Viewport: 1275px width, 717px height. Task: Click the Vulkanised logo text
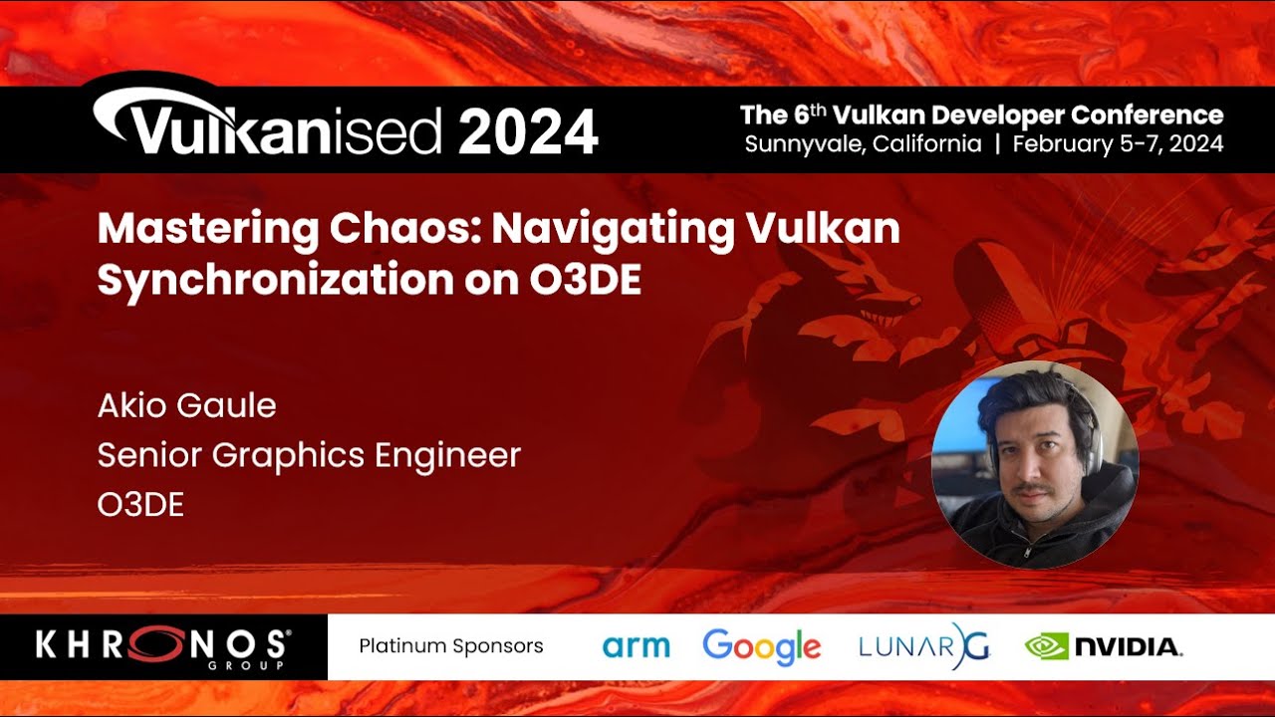pyautogui.click(x=269, y=129)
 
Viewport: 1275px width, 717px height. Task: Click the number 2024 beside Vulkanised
pyautogui.click(x=528, y=131)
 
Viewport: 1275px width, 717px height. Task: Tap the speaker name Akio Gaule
pyautogui.click(x=186, y=405)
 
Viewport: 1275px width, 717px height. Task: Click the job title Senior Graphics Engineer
pyautogui.click(x=309, y=455)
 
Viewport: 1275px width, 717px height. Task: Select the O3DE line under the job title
pyautogui.click(x=140, y=505)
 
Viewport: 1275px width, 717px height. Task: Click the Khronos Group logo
pyautogui.click(x=163, y=647)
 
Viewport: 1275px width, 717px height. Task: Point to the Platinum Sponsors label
pyautogui.click(x=451, y=646)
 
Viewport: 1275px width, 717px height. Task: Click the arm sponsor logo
pyautogui.click(x=636, y=646)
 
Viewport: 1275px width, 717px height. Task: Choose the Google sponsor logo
pyautogui.click(x=762, y=646)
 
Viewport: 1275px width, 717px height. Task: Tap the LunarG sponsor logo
pyautogui.click(x=923, y=646)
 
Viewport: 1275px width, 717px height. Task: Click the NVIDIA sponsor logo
pyautogui.click(x=1104, y=647)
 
